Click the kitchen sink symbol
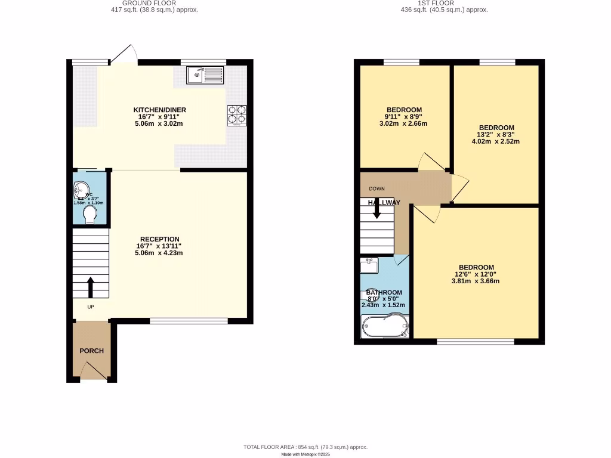205,75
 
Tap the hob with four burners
237,115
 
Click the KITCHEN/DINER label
159,110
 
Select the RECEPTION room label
159,239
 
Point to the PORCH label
92,351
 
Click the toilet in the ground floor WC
91,215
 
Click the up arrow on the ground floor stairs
91,287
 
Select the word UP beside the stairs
91,307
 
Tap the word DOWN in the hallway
377,188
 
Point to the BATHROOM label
384,292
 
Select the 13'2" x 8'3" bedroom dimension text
496,135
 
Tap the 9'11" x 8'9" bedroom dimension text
404,117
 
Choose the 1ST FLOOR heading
443,3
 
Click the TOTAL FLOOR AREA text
305,447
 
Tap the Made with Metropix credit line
305,454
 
